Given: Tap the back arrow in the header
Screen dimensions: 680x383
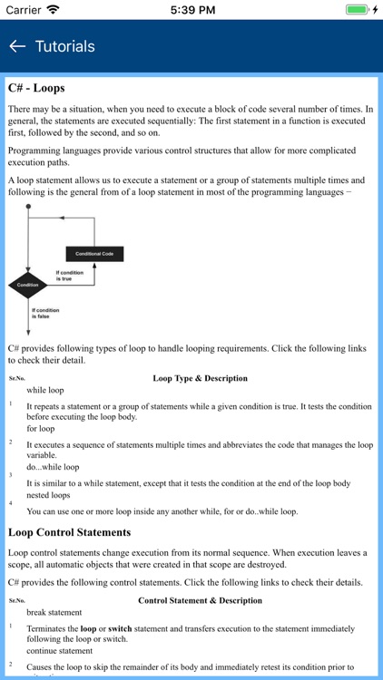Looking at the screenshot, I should (16, 46).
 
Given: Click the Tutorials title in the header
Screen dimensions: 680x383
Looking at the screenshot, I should (64, 46).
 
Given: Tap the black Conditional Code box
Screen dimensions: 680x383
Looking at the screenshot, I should (94, 254).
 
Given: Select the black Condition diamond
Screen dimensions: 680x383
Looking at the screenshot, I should (28, 285).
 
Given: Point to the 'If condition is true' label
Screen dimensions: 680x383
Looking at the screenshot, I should (69, 276).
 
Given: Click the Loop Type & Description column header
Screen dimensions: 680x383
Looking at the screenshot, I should (200, 378).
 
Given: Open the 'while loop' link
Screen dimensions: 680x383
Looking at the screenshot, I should (45, 390).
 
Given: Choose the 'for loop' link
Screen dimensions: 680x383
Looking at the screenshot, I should (41, 429).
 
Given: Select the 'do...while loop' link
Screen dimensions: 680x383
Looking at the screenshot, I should (53, 467).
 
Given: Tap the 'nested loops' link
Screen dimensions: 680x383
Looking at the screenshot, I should (48, 495).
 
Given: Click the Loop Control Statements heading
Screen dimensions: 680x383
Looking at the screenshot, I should (70, 532).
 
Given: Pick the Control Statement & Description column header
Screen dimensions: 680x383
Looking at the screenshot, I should (200, 600).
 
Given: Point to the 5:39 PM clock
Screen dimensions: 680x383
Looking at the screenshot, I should (191, 9).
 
